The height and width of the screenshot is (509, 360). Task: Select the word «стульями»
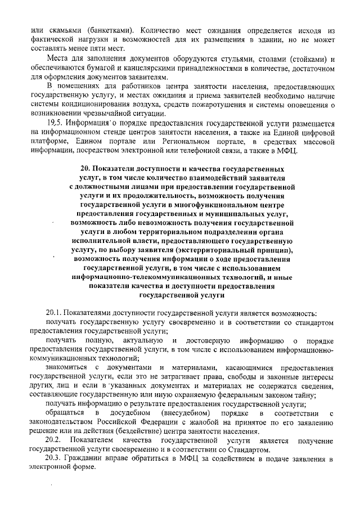pyautogui.click(x=243, y=60)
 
